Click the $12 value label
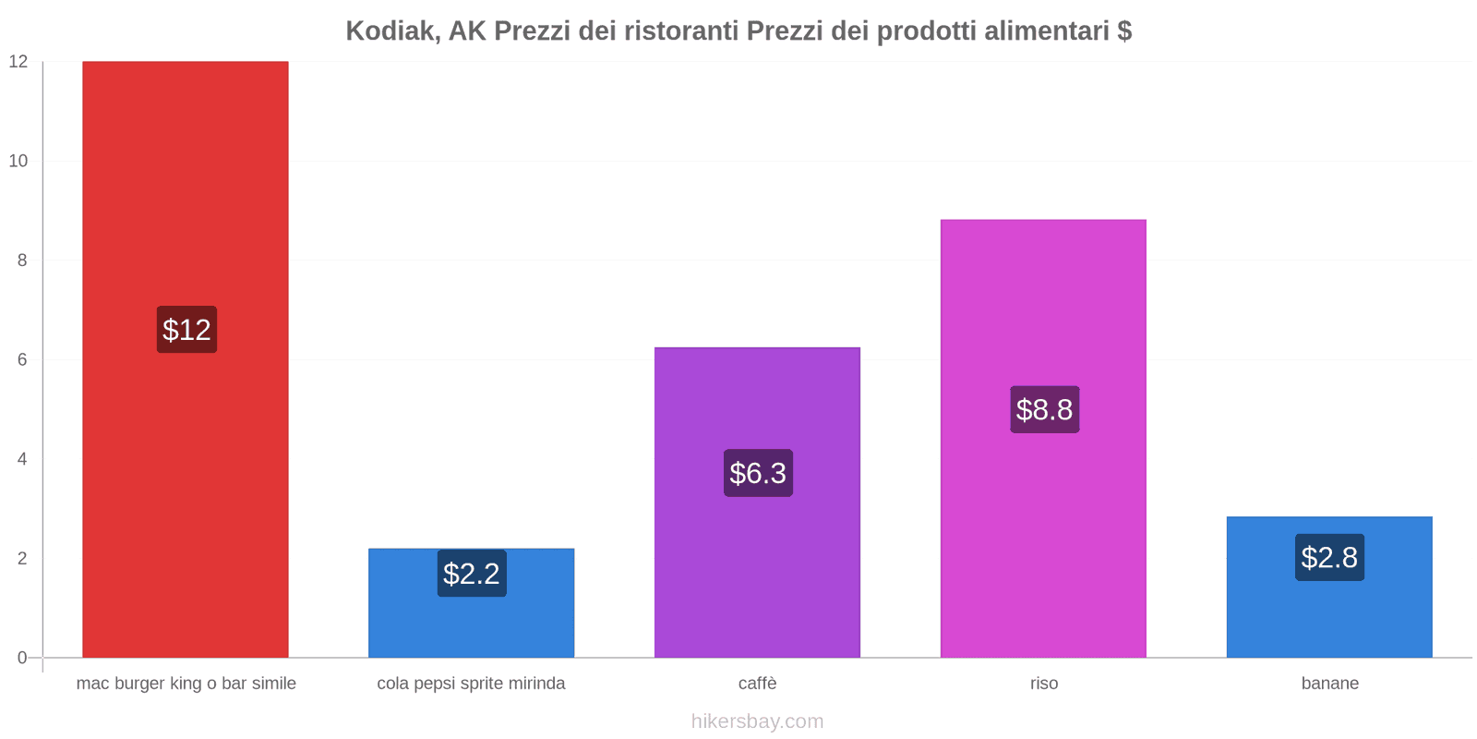(x=186, y=330)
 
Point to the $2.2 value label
(x=472, y=574)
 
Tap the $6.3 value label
(x=758, y=473)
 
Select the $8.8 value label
(x=1044, y=409)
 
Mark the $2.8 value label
(x=1329, y=557)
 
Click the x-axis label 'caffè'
(x=757, y=684)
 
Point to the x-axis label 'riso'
(x=1044, y=684)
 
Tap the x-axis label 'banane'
(x=1329, y=684)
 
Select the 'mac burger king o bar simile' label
(x=186, y=684)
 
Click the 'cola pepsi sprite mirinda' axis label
(x=471, y=684)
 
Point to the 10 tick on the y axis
(x=18, y=161)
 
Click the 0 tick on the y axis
(x=22, y=658)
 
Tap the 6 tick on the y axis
(x=22, y=359)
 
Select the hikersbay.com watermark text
(x=757, y=721)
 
